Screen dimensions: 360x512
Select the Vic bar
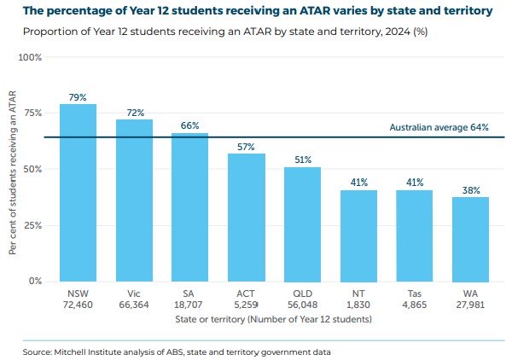(x=134, y=200)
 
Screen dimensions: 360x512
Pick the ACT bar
(x=247, y=218)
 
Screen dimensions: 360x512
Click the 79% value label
(x=78, y=97)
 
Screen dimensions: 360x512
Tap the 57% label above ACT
(x=247, y=147)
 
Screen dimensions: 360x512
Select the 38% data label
(x=470, y=190)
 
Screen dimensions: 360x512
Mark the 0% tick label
(x=35, y=281)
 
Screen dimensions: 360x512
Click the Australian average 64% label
(x=439, y=127)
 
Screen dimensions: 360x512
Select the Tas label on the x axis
(x=415, y=293)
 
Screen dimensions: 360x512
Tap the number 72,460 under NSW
(x=78, y=305)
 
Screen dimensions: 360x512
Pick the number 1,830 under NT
(x=358, y=305)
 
